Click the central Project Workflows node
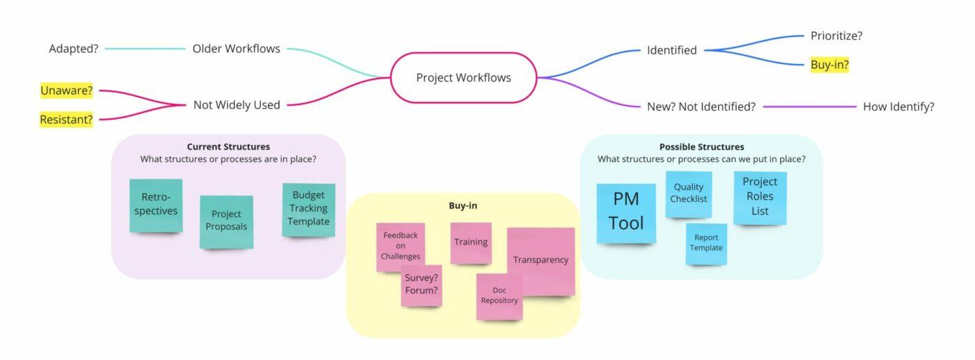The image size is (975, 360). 463,78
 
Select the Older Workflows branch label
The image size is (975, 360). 236,49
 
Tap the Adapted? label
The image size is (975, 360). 73,49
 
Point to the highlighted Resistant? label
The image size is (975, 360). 66,120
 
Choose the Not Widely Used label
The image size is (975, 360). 236,105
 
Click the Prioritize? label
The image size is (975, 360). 836,36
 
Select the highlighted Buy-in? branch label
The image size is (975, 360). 829,65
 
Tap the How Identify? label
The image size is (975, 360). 898,107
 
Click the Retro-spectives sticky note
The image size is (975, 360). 156,205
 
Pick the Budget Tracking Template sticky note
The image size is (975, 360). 309,209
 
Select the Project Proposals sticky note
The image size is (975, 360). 226,221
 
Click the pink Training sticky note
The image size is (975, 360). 471,242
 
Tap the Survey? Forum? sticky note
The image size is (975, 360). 421,285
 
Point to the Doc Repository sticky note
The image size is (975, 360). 499,297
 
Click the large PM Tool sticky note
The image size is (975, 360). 626,212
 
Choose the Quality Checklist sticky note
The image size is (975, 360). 688,194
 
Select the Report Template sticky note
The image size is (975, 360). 706,243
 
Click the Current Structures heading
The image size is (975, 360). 228,147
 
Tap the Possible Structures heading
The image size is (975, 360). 701,147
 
